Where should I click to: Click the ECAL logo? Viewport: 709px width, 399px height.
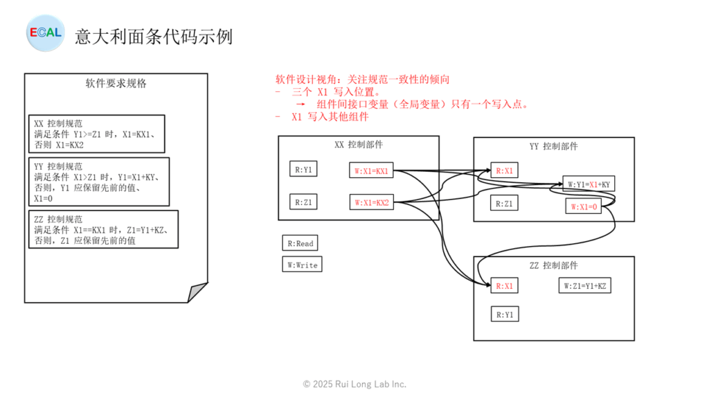[45, 32]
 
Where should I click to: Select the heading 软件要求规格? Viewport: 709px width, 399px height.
[116, 84]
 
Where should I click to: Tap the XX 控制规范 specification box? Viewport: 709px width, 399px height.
[97, 134]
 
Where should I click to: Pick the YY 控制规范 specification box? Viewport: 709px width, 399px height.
[100, 181]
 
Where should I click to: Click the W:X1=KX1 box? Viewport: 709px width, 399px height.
[372, 170]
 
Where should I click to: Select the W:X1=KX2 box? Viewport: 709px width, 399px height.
[372, 203]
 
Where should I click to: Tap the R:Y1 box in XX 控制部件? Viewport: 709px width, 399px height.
[303, 169]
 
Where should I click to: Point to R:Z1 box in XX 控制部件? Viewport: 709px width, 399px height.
[303, 202]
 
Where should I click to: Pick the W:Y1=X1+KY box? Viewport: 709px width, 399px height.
[588, 184]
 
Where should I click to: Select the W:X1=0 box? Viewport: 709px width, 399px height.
[582, 206]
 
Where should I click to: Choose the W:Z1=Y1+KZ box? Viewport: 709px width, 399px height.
[586, 285]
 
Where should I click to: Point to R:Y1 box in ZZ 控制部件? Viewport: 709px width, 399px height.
[505, 314]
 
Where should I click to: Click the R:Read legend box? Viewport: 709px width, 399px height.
[299, 243]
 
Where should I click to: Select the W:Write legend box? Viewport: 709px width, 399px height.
[301, 265]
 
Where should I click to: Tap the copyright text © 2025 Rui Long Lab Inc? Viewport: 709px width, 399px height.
[354, 384]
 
